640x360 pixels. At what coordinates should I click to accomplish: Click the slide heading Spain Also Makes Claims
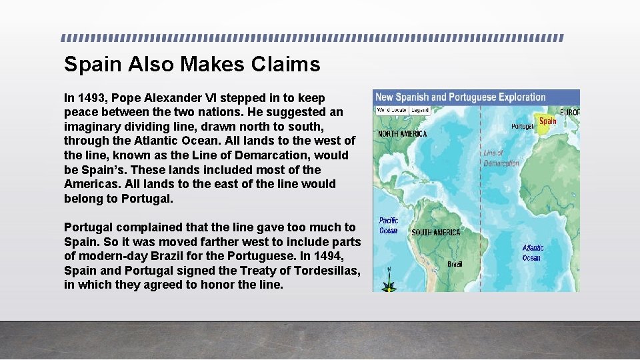[x=192, y=65]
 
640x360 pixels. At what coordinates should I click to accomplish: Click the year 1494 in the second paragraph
[x=344, y=256]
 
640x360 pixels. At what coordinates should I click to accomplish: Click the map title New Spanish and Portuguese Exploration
[x=460, y=97]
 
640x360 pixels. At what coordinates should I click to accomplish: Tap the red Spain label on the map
[x=547, y=121]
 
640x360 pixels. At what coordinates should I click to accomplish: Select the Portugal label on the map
[x=522, y=126]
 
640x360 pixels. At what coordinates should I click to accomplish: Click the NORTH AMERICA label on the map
[x=402, y=134]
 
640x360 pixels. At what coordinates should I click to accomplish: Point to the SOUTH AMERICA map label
[x=435, y=233]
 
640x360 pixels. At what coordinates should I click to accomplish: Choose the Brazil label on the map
[x=455, y=264]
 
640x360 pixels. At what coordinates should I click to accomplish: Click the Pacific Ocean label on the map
[x=388, y=225]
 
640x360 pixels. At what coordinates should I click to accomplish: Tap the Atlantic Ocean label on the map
[x=533, y=253]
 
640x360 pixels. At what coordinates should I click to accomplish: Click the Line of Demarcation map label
[x=501, y=158]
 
